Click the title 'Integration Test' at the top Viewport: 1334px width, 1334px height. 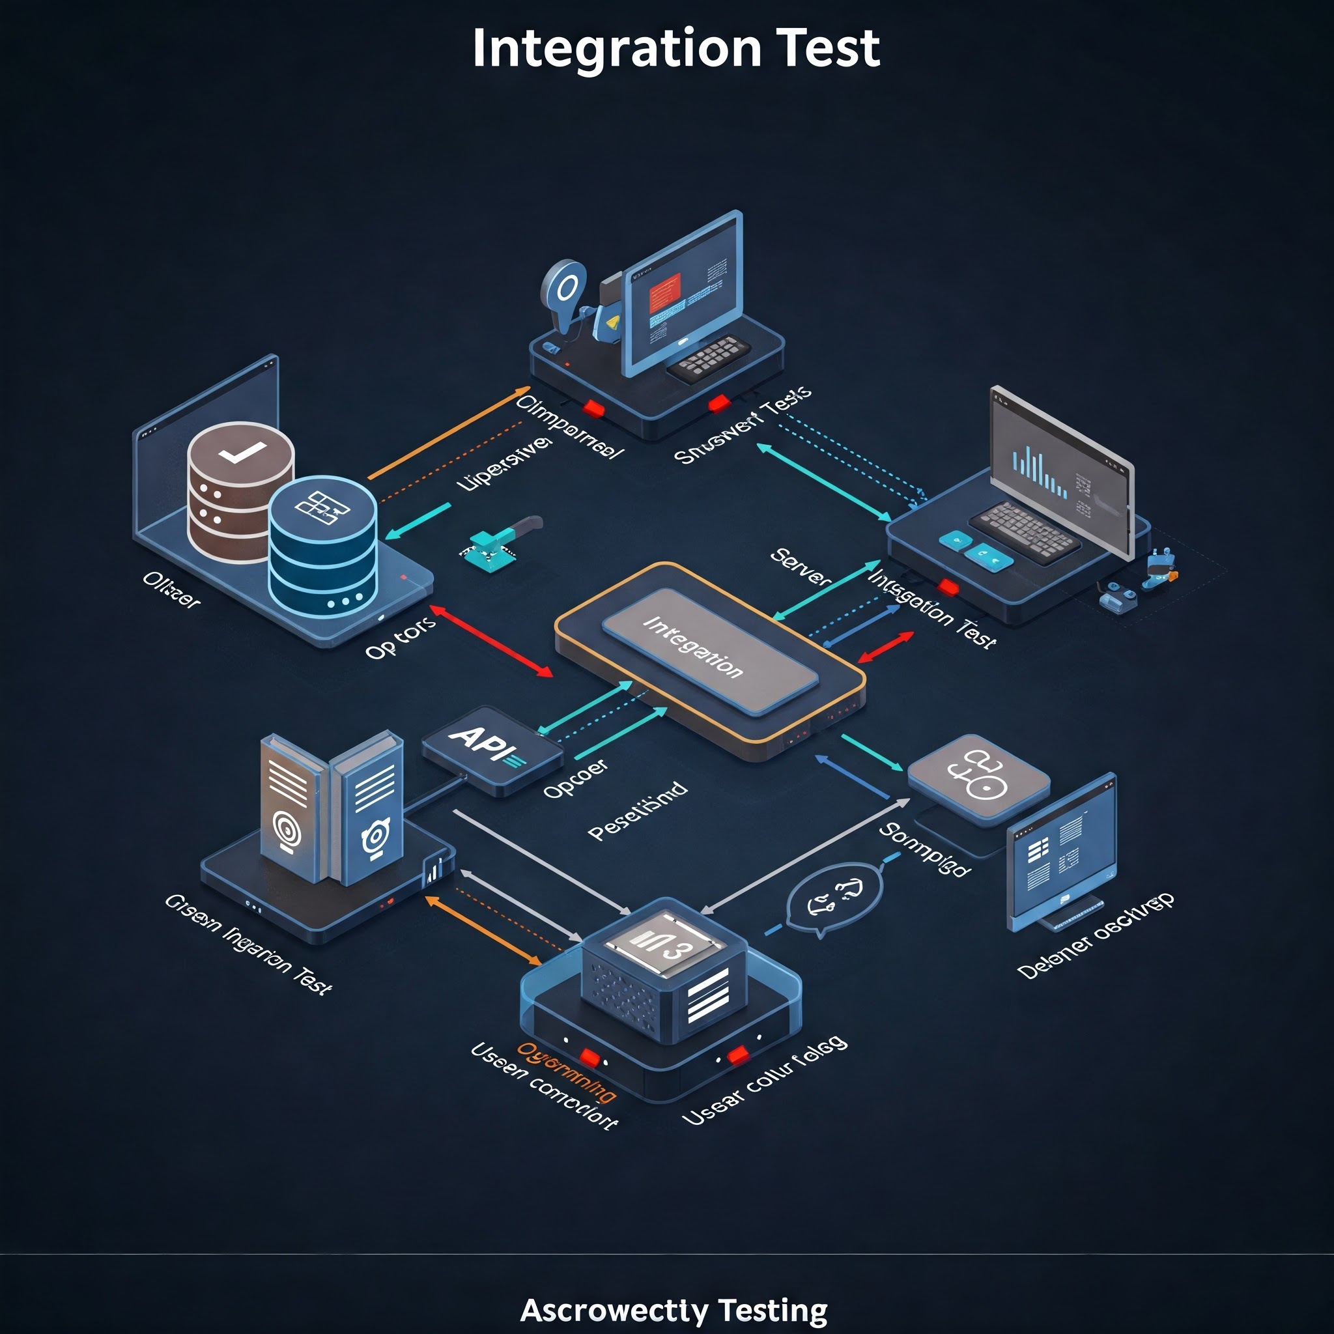[675, 48]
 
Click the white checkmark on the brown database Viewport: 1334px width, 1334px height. [241, 452]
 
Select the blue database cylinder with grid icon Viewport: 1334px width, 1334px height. [322, 545]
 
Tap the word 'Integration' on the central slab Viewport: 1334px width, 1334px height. [692, 647]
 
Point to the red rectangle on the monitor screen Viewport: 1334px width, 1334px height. [665, 291]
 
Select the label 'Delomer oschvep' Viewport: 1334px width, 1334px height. [1095, 935]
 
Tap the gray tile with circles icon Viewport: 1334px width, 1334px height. [978, 777]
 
